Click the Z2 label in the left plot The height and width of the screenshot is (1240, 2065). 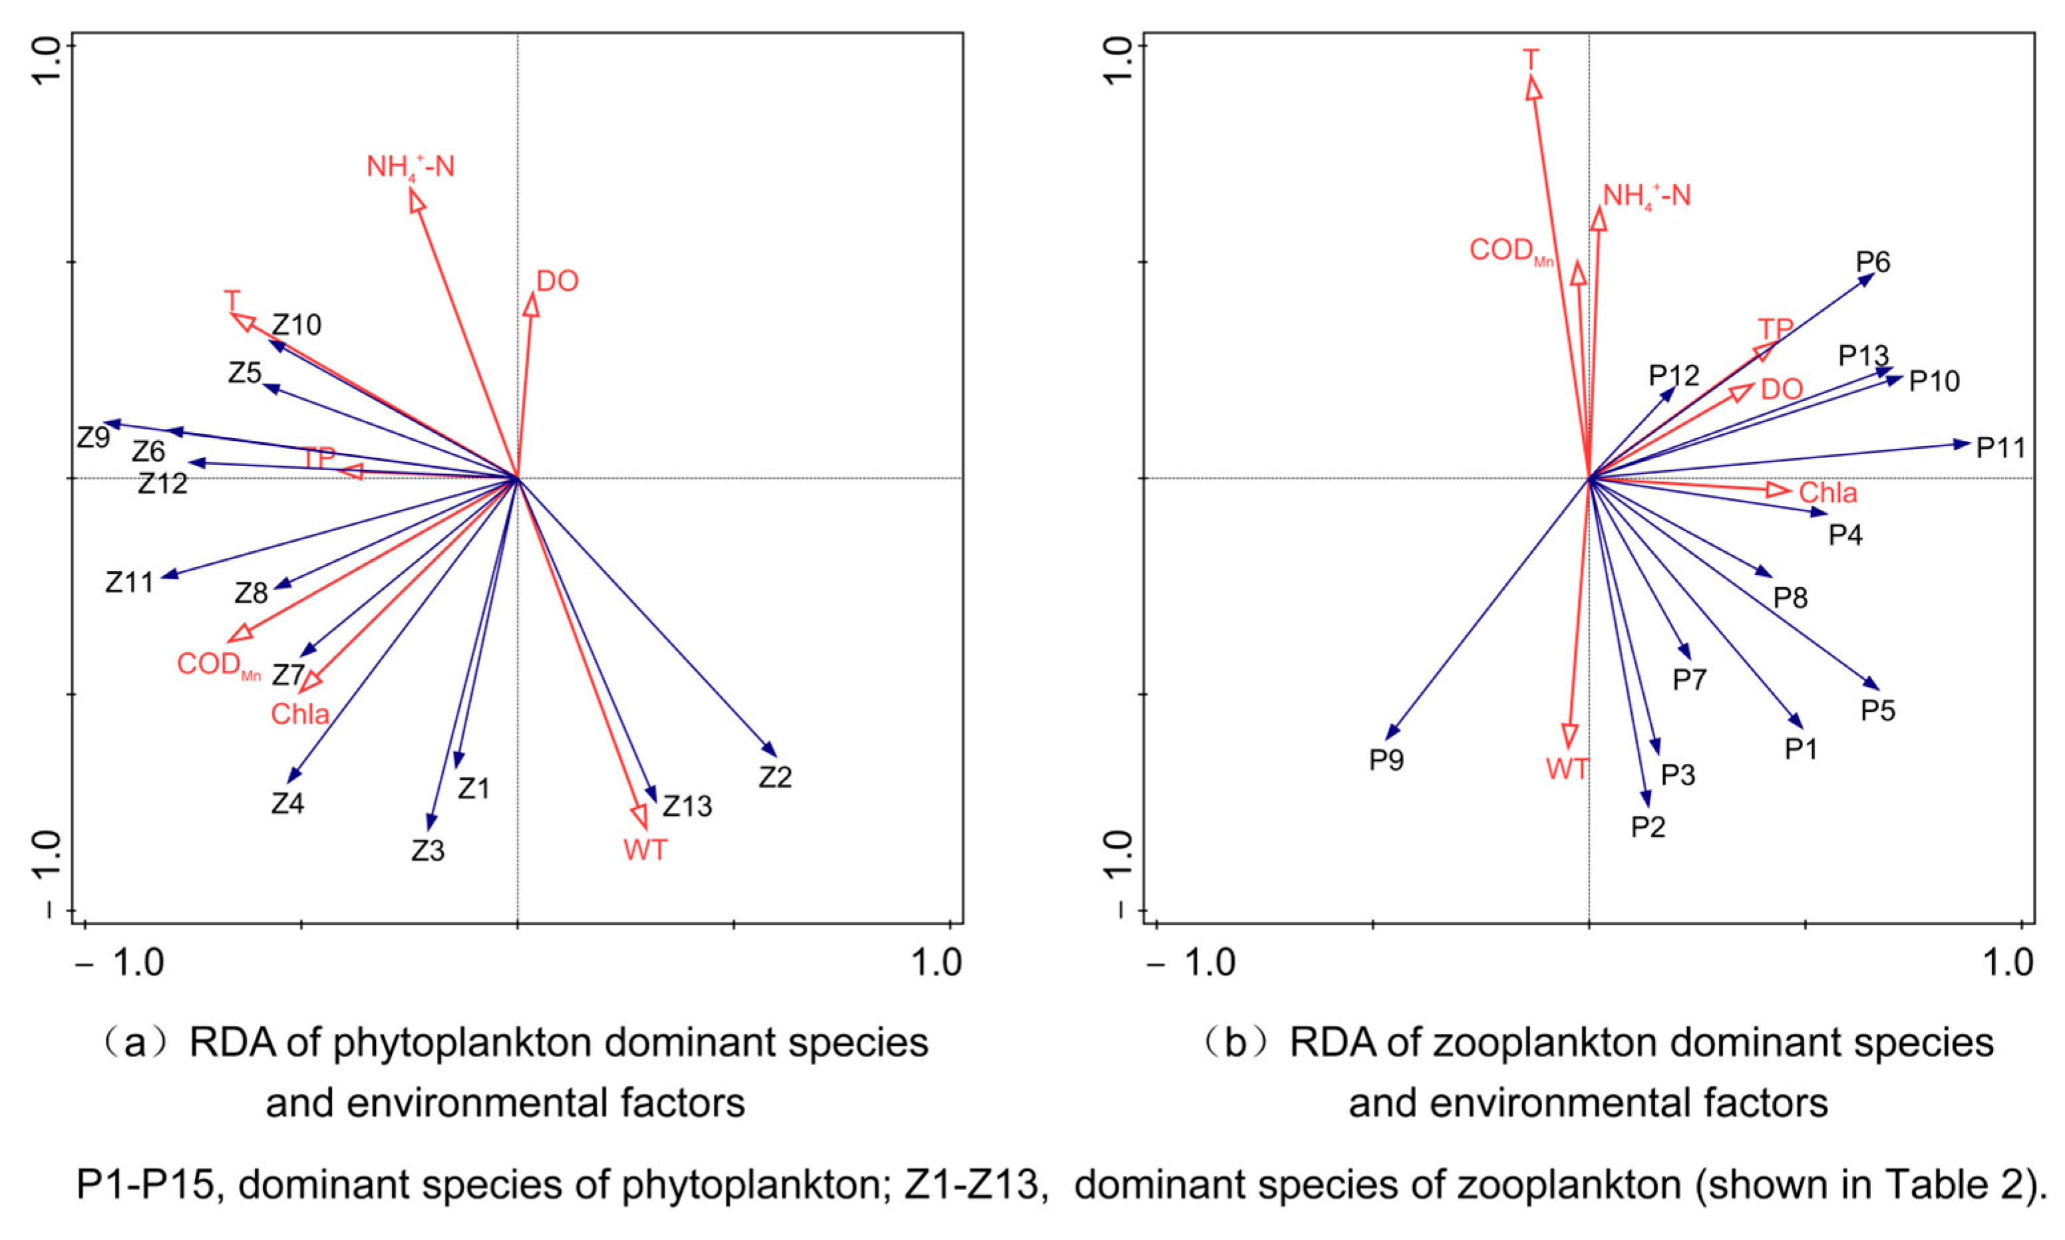(x=774, y=778)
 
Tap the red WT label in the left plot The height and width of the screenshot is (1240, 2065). (x=645, y=850)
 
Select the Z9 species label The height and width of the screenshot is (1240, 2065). (x=94, y=437)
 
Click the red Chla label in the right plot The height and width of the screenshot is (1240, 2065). (x=1827, y=493)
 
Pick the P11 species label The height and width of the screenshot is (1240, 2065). (x=2000, y=448)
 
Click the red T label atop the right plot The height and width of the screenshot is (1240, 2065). (x=1530, y=60)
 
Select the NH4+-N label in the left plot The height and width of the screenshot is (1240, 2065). (x=410, y=167)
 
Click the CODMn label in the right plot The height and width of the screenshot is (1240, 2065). (x=1511, y=251)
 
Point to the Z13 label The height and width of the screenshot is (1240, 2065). (x=687, y=806)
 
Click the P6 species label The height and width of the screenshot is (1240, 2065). (x=1873, y=263)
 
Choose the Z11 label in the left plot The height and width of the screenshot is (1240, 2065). (x=130, y=582)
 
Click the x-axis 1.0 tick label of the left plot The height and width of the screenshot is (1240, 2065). (x=936, y=963)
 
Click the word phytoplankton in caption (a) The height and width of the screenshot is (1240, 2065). (x=462, y=1043)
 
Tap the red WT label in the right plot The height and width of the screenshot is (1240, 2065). (x=1567, y=769)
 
